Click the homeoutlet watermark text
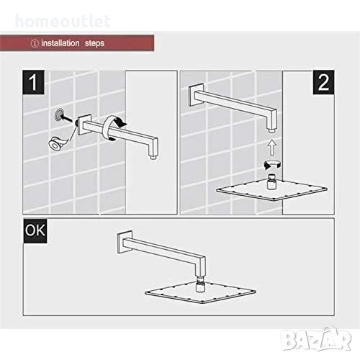pyautogui.click(x=63, y=21)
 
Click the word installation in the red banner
pyautogui.click(x=60, y=43)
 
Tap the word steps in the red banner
pyautogui.click(x=94, y=43)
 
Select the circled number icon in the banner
pyautogui.click(x=35, y=43)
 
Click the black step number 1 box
pyautogui.click(x=34, y=82)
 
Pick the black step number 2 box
pyautogui.click(x=323, y=82)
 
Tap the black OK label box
pyautogui.click(x=35, y=230)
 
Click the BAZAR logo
pyautogui.click(x=316, y=338)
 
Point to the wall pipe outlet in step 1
pyautogui.click(x=59, y=114)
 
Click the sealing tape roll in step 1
pyautogui.click(x=55, y=143)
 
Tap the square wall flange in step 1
pyautogui.click(x=84, y=125)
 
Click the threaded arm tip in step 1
pyautogui.click(x=153, y=157)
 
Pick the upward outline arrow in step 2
pyautogui.click(x=271, y=148)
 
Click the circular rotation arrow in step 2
pyautogui.click(x=272, y=164)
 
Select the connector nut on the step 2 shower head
pyautogui.click(x=271, y=182)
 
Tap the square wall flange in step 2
pyautogui.click(x=196, y=94)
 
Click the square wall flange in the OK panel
pyautogui.click(x=125, y=243)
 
